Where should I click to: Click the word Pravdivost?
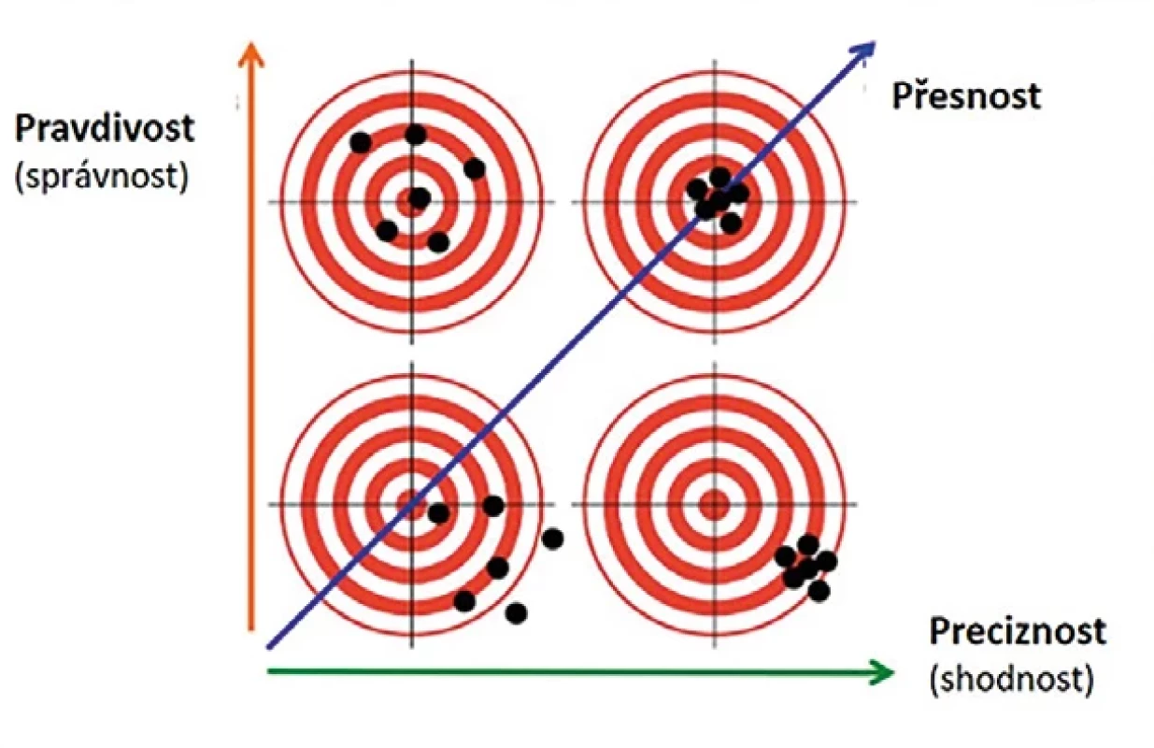(x=105, y=128)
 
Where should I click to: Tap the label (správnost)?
(x=102, y=177)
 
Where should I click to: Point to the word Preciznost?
(x=1018, y=631)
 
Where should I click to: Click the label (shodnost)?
(x=1012, y=679)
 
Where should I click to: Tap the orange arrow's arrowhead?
(x=251, y=55)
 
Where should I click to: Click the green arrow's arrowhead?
(x=881, y=671)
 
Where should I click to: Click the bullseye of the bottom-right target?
(x=714, y=505)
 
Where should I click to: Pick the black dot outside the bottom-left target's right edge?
(x=553, y=539)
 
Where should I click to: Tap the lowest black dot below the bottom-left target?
(x=516, y=613)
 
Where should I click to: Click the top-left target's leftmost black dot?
(x=361, y=142)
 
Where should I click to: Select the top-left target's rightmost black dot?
(x=475, y=168)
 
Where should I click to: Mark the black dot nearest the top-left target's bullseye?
(x=420, y=198)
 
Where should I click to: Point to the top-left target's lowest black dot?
(x=438, y=242)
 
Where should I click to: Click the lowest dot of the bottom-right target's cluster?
(x=819, y=591)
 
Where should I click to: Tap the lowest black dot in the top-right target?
(x=731, y=223)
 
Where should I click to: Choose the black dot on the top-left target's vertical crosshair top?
(x=416, y=135)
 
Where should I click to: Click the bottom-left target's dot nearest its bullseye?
(x=438, y=513)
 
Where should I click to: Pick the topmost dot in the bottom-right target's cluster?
(x=807, y=545)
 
